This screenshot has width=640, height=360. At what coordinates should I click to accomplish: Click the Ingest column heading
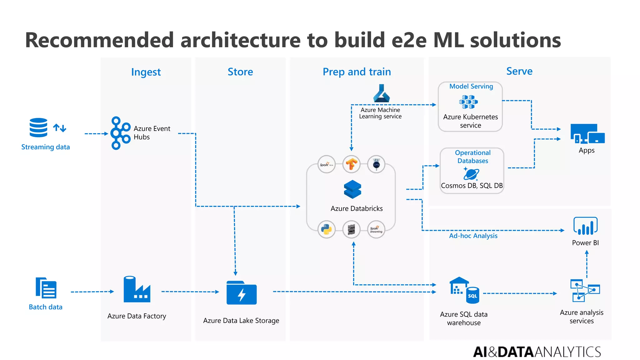[146, 72]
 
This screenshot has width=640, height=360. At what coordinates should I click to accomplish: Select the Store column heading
[240, 72]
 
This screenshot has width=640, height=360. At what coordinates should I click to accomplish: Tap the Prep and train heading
[357, 72]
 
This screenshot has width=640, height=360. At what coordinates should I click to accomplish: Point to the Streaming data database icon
[38, 127]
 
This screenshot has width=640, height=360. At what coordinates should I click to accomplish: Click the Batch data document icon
[46, 288]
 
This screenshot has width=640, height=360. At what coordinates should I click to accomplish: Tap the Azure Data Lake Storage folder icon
[241, 293]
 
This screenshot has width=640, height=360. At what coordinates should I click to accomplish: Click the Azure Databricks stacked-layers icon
[352, 189]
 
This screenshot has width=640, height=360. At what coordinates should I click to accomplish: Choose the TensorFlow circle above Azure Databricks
[351, 164]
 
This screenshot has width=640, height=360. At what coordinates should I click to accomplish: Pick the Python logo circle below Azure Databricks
[326, 229]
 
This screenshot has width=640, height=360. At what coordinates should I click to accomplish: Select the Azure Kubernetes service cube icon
[468, 102]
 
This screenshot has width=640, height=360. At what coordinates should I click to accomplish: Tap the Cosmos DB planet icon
[471, 174]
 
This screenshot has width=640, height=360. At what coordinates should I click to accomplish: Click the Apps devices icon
[587, 134]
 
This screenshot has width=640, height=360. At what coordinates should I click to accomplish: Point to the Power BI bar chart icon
[585, 226]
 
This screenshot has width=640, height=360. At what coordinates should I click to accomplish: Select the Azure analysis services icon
[585, 291]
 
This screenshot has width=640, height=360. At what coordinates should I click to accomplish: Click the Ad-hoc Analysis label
[473, 236]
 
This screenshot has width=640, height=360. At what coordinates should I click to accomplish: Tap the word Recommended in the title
[99, 40]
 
